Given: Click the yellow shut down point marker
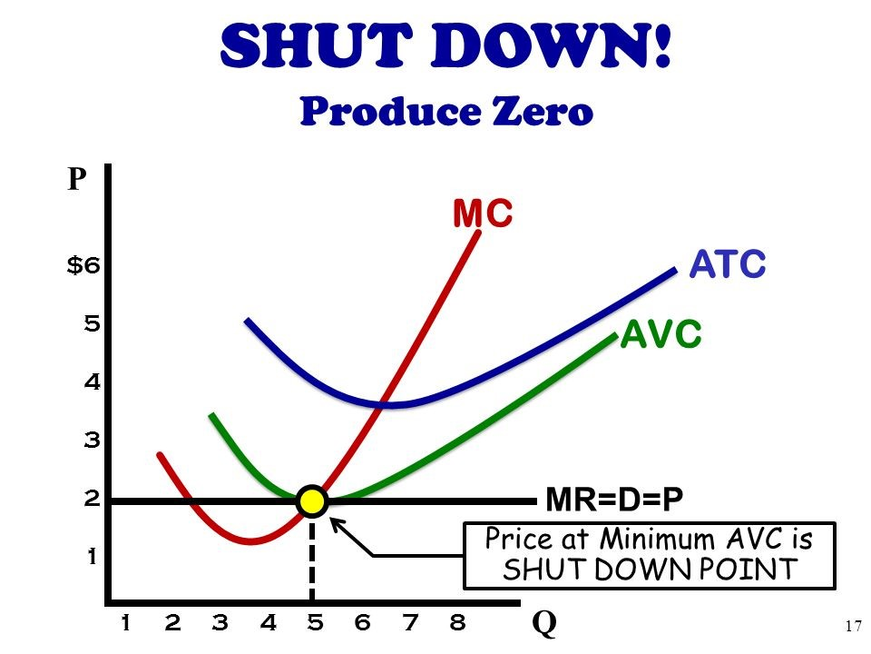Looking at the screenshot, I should click(x=311, y=500).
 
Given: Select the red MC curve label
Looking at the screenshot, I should click(x=483, y=214).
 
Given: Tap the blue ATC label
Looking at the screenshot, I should click(x=728, y=265).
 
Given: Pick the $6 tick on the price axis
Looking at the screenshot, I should click(x=84, y=266).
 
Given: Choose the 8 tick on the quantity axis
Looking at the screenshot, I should click(x=457, y=623).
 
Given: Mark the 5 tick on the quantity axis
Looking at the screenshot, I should click(x=315, y=623).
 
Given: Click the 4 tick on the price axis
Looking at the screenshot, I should click(x=91, y=382).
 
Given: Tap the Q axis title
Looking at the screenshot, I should click(x=544, y=624).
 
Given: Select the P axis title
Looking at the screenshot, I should click(x=75, y=179).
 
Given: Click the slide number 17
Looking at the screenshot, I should click(x=851, y=625).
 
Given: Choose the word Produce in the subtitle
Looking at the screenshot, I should click(x=387, y=111).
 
